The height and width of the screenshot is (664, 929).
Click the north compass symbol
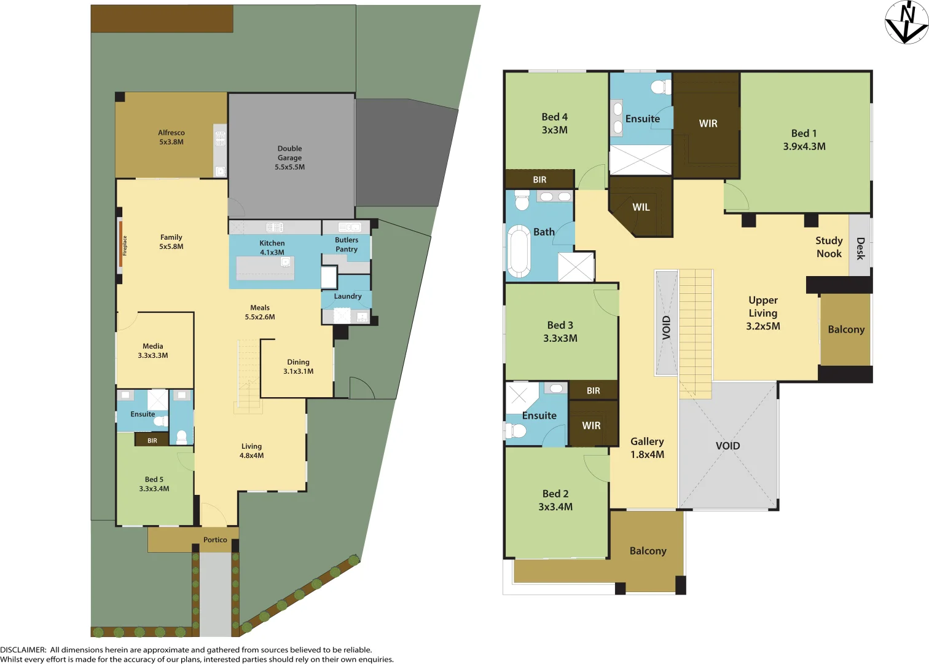pos(906,22)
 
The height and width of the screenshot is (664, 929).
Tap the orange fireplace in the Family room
pos(120,245)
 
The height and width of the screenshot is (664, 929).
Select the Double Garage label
pos(289,157)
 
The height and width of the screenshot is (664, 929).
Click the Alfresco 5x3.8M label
pos(171,137)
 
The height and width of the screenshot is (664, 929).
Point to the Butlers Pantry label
pos(347,245)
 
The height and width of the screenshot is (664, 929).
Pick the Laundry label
pos(347,296)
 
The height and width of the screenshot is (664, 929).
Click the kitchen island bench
pos(265,268)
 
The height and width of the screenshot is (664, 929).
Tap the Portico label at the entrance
pos(215,540)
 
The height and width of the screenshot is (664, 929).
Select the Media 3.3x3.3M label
pos(153,350)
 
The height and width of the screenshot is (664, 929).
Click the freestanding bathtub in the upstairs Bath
pos(519,251)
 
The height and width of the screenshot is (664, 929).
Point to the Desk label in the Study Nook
pos(860,248)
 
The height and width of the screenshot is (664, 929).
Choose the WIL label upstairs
pos(641,207)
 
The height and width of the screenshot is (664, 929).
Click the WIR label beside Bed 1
pos(708,124)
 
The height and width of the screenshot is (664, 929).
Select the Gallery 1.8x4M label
pos(647,448)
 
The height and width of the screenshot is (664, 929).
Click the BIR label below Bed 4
pos(539,180)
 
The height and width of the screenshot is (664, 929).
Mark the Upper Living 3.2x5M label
pos(763,313)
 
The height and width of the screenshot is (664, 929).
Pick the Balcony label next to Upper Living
pos(846,330)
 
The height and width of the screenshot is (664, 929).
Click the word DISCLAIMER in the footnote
pos(23,650)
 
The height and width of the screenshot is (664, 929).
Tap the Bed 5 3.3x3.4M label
pos(154,484)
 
